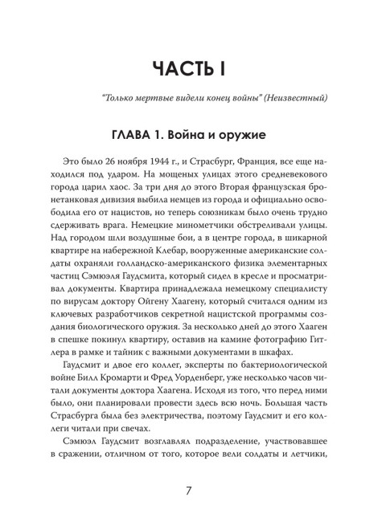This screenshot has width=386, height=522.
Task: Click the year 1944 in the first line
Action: (x=154, y=161)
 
